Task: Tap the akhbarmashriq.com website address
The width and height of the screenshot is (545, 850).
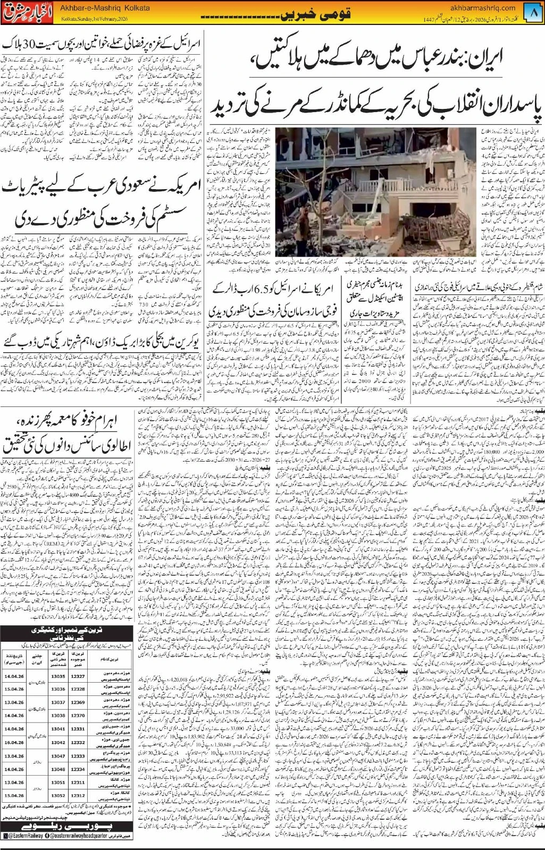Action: tap(489, 7)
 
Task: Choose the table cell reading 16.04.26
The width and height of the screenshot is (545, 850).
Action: tap(12, 742)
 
